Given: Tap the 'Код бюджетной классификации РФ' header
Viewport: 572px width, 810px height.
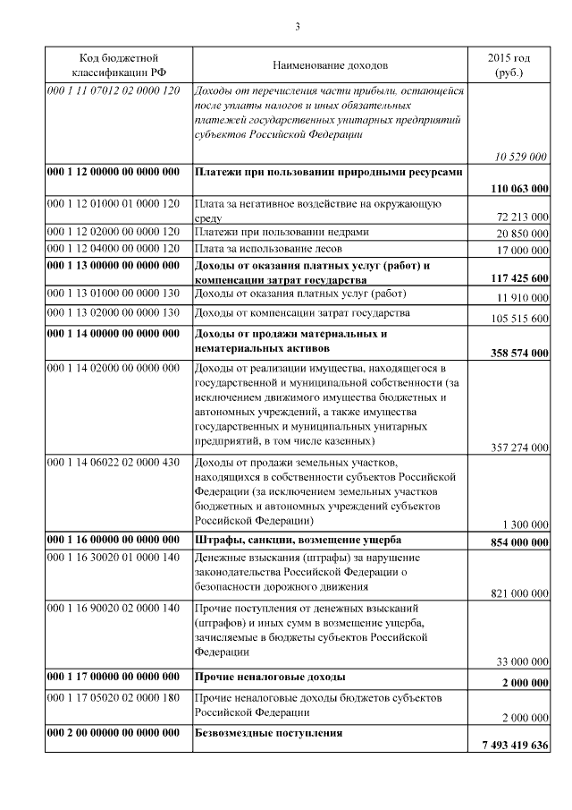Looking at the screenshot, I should (119, 64).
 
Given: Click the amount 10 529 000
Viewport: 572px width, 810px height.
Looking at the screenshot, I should (520, 157).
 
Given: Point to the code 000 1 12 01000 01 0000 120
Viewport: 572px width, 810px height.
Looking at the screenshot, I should (114, 203).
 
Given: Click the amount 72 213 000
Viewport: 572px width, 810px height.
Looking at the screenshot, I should (522, 217).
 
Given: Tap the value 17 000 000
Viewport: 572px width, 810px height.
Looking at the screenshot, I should (522, 250).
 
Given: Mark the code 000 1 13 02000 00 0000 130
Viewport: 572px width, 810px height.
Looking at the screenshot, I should (114, 312).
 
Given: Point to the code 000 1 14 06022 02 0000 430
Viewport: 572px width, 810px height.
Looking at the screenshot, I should (114, 461).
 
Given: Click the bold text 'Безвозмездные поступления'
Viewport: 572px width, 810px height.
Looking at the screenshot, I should (269, 733).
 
